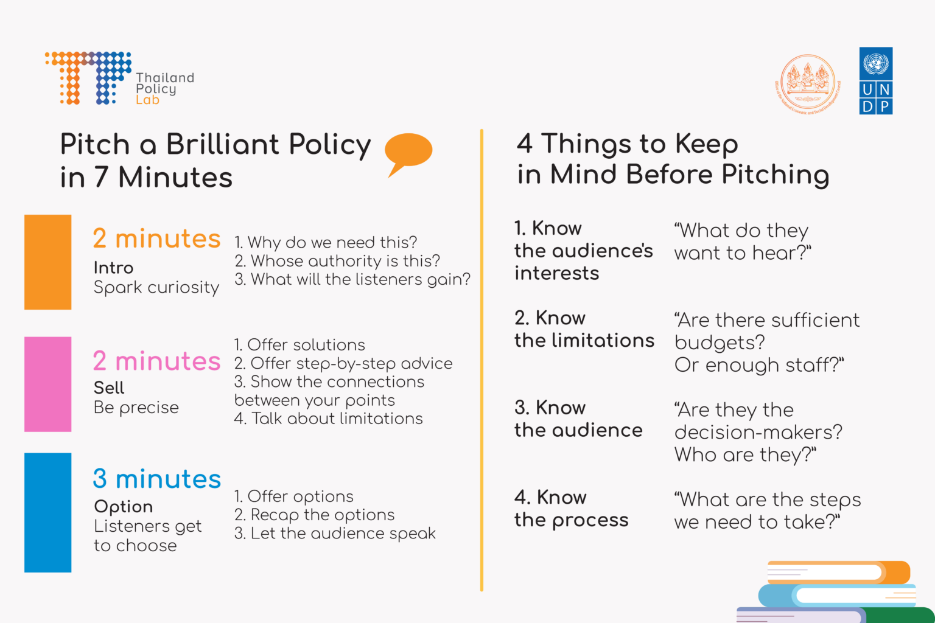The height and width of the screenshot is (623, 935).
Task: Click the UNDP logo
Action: coord(875,81)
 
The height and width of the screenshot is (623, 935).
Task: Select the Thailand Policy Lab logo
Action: coord(119,79)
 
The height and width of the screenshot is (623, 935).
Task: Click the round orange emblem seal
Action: coord(808,83)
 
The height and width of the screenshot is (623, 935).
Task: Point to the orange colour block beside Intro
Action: coord(47,262)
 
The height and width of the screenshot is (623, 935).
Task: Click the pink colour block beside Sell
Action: coord(47,384)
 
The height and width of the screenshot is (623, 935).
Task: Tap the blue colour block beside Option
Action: coord(47,512)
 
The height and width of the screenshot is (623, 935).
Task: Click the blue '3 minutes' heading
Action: coord(156,479)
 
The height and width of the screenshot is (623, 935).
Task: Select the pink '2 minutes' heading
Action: coord(156,361)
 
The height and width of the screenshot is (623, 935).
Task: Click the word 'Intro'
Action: coord(113,268)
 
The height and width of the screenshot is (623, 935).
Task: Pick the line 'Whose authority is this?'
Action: coord(338,261)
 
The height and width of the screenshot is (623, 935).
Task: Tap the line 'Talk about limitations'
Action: coord(329,419)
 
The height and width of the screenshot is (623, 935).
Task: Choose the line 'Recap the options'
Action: coord(315,515)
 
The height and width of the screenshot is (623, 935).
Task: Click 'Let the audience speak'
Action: coord(335,534)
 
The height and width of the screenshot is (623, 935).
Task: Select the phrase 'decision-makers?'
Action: coord(758,432)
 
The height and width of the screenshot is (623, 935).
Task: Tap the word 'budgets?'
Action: coord(720,343)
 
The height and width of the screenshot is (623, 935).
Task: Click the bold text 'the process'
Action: coord(571,520)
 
